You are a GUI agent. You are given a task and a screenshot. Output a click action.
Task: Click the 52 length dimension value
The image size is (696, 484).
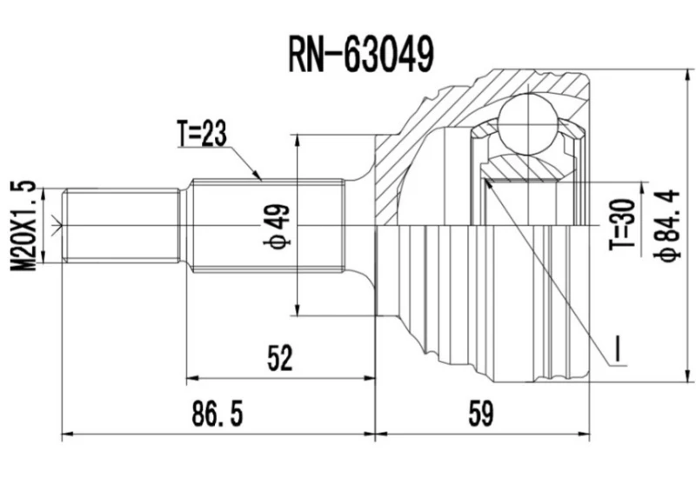[279, 357]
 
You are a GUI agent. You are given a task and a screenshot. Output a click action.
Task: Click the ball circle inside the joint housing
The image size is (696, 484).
[530, 122]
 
